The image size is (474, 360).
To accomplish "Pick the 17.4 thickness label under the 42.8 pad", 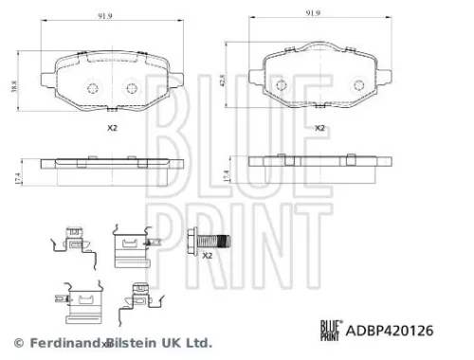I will pos(225,174).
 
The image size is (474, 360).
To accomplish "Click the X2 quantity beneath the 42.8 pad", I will pos(319,126).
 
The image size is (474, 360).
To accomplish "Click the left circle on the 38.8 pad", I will pos(92,89).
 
